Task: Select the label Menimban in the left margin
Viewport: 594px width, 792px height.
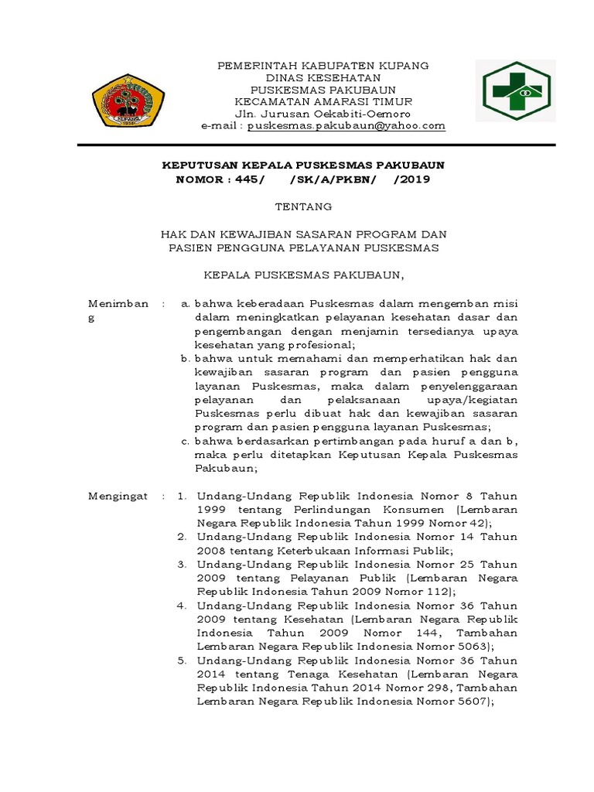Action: point(118,303)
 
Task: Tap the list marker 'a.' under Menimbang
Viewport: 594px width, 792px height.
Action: point(186,303)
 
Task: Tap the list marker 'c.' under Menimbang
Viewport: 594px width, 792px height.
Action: point(186,441)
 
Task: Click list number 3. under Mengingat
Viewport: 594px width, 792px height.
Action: point(181,565)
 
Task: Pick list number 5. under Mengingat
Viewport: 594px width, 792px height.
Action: point(181,661)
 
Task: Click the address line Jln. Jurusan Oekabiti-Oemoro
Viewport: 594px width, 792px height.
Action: point(323,114)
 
